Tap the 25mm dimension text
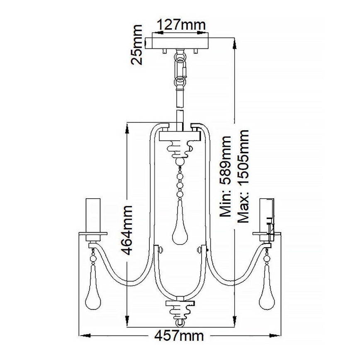click(136, 45)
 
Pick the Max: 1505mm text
click(244, 176)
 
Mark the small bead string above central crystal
click(180, 182)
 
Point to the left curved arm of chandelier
click(124, 278)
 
